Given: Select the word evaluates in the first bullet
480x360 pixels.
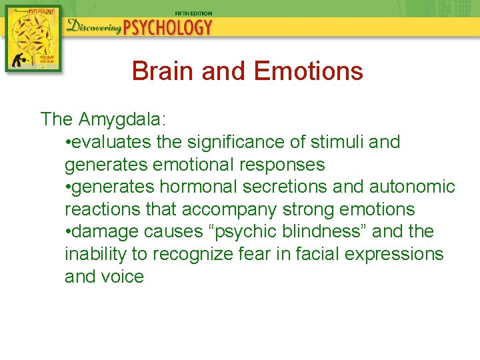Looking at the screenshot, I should coord(113,142).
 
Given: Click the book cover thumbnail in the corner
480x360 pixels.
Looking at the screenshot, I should coord(33,39).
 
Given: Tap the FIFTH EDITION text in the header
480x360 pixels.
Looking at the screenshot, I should coord(193,13).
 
